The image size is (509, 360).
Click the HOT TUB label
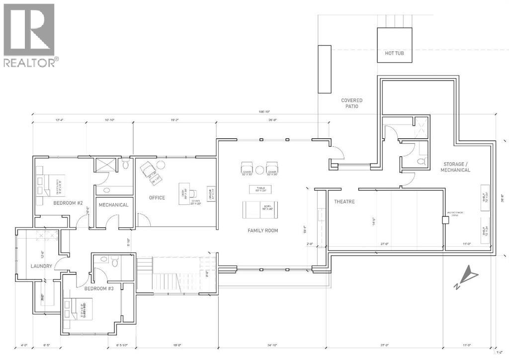[394, 53]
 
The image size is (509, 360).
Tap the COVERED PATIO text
[351, 103]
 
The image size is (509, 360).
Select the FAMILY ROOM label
[263, 231]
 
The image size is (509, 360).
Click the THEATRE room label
[343, 202]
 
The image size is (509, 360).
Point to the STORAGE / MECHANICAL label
[455, 167]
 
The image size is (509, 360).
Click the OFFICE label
[157, 198]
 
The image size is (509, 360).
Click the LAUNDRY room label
[41, 266]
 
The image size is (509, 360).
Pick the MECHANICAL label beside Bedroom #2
[113, 205]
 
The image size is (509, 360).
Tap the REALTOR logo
[30, 35]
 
